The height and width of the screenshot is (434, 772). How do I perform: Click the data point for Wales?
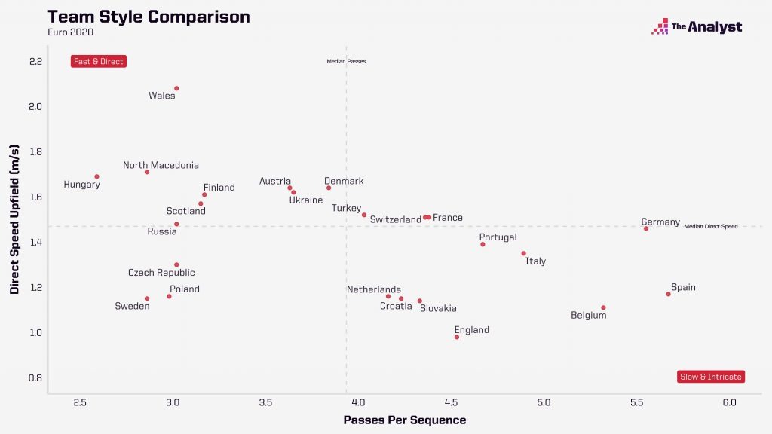tap(176, 88)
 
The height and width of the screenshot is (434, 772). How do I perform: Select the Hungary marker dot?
tap(96, 176)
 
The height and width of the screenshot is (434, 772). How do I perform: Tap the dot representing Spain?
tap(668, 294)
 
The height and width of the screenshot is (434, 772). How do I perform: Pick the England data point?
tap(457, 337)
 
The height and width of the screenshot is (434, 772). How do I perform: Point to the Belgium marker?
tap(603, 307)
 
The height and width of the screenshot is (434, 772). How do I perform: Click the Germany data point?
tap(646, 228)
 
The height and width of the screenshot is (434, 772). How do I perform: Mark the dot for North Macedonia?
tap(147, 172)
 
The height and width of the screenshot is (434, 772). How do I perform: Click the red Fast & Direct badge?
tap(99, 61)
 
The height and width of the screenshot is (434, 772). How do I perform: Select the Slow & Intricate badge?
tap(711, 377)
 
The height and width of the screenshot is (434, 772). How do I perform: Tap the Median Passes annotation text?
tap(346, 61)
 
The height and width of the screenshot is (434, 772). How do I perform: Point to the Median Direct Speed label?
tap(710, 226)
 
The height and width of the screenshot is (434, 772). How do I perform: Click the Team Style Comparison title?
tap(149, 17)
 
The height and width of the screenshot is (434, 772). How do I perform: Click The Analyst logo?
tap(697, 27)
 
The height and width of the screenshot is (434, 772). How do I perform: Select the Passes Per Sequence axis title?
tap(405, 420)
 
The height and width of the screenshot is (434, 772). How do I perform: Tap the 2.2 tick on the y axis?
tap(35, 61)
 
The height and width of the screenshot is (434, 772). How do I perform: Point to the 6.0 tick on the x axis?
tap(729, 403)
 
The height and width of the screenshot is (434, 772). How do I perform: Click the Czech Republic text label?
tap(161, 273)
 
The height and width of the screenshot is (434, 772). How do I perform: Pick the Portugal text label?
tap(498, 237)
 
